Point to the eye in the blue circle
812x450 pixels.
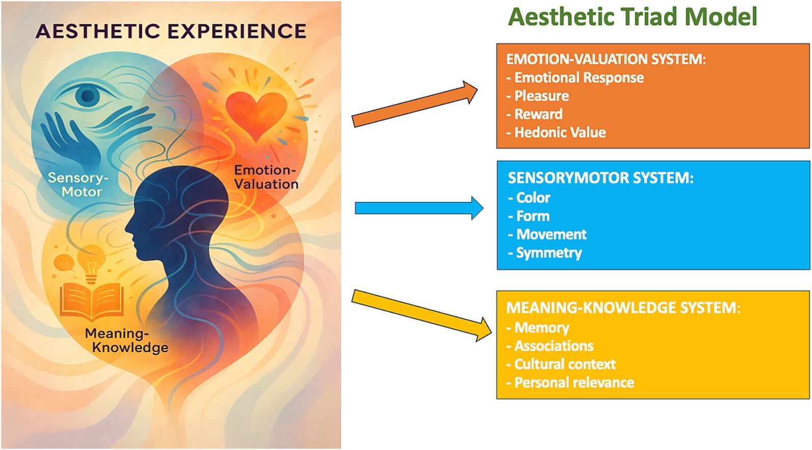click(x=88, y=95)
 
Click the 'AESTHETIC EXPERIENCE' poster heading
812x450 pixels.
click(x=171, y=32)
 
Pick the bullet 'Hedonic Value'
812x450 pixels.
click(x=559, y=132)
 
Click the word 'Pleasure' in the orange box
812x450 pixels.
click(x=541, y=96)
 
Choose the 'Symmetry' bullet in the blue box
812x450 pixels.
click(x=548, y=252)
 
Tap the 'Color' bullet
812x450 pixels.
click(x=533, y=198)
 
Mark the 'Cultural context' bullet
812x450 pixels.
click(x=565, y=364)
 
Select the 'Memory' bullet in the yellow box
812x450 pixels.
click(x=541, y=327)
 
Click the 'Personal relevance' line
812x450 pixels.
click(x=574, y=382)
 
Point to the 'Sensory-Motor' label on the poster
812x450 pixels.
click(x=78, y=185)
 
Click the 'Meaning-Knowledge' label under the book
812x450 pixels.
click(x=126, y=341)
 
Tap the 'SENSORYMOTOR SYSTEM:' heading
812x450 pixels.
click(x=600, y=178)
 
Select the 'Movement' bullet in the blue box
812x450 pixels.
click(x=551, y=234)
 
